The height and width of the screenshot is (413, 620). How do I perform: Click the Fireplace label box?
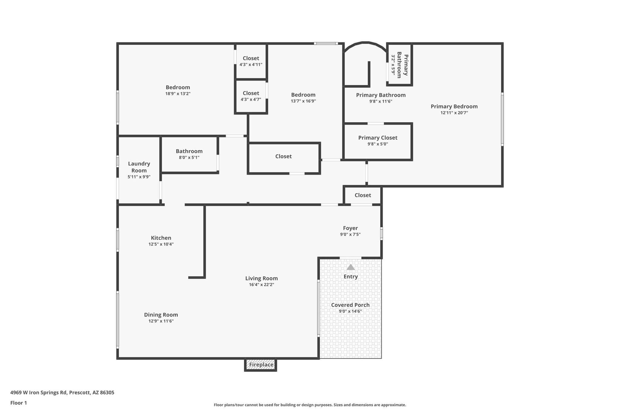pos(261,365)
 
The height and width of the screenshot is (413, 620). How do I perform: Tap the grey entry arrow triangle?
pos(351,267)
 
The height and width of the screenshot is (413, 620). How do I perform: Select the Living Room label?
pos(261,278)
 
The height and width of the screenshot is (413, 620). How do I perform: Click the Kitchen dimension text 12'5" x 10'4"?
pos(161,244)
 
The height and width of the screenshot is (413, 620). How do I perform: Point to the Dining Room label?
pos(161,315)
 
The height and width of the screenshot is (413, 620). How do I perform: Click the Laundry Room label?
pos(139,167)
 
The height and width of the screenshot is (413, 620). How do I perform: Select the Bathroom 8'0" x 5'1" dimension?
pos(189,157)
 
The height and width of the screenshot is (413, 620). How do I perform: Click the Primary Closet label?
pos(378,138)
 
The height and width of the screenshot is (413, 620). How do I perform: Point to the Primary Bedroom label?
pos(454,107)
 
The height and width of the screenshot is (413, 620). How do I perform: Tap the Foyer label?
pos(350,228)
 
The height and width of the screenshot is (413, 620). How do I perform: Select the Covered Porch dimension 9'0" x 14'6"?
pos(350,311)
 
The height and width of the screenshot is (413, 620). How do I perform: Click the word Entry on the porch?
pos(351,277)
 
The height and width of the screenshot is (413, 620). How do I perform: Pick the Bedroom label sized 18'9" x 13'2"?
pos(178,87)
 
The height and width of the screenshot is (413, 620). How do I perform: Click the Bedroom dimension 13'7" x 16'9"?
pos(303,101)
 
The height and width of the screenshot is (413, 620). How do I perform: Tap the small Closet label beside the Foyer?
pos(363,195)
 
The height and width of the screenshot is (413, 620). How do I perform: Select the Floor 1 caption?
pos(18,403)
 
